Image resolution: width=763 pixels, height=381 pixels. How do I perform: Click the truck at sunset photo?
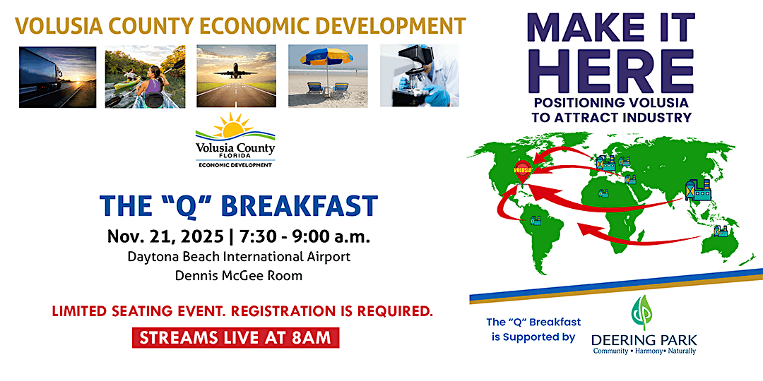point(57,76)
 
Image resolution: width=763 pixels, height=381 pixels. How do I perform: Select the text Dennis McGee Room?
point(239,275)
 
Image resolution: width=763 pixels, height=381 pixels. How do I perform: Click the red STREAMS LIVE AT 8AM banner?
point(236,337)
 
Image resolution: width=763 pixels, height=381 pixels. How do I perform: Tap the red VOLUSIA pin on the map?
point(522,170)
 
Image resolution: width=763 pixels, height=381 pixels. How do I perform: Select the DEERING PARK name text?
point(643,339)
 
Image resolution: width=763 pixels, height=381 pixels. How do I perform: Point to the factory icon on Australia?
point(720,230)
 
